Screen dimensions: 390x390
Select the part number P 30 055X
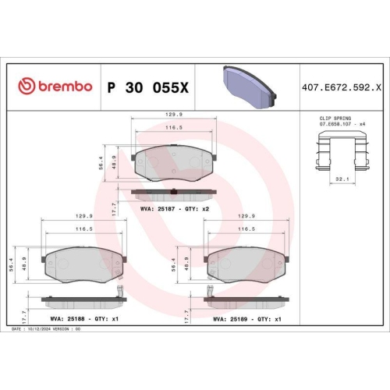pyautogui.click(x=147, y=86)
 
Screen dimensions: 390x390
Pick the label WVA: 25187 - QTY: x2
pyautogui.click(x=175, y=210)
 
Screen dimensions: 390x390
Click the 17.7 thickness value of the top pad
pyautogui.click(x=115, y=207)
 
